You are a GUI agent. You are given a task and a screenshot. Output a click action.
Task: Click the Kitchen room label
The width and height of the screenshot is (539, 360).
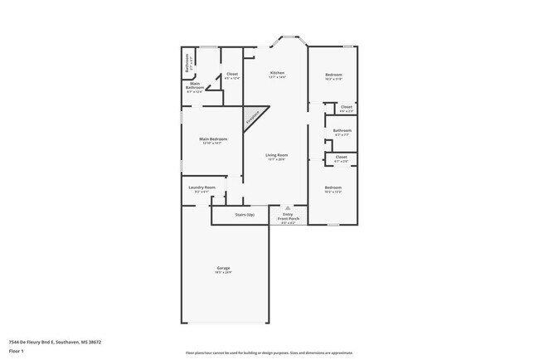[x=277, y=75]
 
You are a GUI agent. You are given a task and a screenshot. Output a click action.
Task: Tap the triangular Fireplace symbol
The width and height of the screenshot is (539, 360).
[x=252, y=117]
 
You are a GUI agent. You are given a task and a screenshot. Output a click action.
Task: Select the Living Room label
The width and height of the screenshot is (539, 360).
[x=276, y=157]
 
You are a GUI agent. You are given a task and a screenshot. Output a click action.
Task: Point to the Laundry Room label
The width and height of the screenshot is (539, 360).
[x=202, y=189]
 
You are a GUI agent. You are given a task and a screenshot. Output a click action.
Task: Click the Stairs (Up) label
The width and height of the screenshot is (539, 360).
[x=244, y=215]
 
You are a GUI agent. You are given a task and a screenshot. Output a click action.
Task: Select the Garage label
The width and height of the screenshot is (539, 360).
[x=224, y=269]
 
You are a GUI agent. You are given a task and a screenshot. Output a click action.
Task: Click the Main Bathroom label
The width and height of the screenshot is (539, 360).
[x=195, y=86]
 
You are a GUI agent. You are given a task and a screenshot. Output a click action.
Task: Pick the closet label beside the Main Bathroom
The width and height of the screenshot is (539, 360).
[x=232, y=75]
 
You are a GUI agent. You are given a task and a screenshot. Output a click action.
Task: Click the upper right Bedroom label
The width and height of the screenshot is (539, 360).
[x=333, y=76]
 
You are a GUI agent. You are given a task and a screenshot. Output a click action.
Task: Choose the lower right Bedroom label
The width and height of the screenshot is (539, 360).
[x=333, y=189]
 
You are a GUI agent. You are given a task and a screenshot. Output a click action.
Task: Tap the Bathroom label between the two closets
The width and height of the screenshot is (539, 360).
[x=342, y=131]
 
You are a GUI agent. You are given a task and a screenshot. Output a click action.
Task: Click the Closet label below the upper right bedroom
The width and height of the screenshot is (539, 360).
[x=346, y=108]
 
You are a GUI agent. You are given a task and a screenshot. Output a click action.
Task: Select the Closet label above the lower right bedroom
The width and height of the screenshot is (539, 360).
[x=341, y=158]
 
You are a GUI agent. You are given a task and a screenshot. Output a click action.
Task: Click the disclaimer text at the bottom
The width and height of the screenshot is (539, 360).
[x=269, y=353]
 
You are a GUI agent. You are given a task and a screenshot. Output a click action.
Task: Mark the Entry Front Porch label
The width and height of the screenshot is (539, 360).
[x=288, y=220]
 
